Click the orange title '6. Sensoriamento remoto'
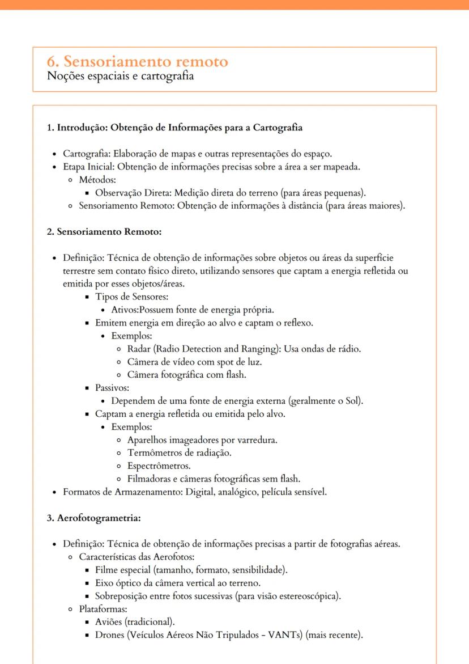(x=138, y=61)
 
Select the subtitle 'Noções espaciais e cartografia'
(x=120, y=76)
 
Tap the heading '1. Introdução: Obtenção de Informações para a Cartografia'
(x=174, y=128)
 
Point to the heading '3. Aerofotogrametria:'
(x=93, y=518)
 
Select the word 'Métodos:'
(x=97, y=180)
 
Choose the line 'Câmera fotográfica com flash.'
(x=186, y=375)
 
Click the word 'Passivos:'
(x=112, y=388)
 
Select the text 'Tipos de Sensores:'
(x=131, y=297)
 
